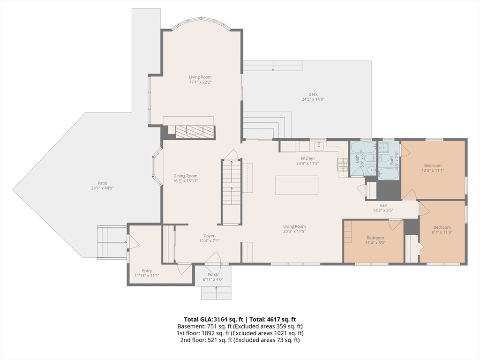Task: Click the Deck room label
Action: [313, 94]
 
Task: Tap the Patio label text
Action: [103, 183]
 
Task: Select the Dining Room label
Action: [186, 176]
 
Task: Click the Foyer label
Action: [210, 236]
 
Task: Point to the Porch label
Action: [213, 274]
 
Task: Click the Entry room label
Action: [147, 270]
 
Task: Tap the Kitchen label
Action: [307, 158]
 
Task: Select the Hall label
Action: [383, 205]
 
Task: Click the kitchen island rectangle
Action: [297, 185]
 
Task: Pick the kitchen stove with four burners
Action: [343, 165]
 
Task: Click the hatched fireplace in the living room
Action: [195, 131]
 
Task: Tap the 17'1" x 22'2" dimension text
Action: [200, 82]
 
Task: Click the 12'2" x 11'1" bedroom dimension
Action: [433, 171]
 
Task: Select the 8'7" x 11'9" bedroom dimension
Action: [442, 232]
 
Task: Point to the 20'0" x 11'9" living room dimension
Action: [294, 231]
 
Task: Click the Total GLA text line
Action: [240, 320]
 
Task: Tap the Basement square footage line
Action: [240, 326]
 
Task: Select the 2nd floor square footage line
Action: [240, 340]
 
